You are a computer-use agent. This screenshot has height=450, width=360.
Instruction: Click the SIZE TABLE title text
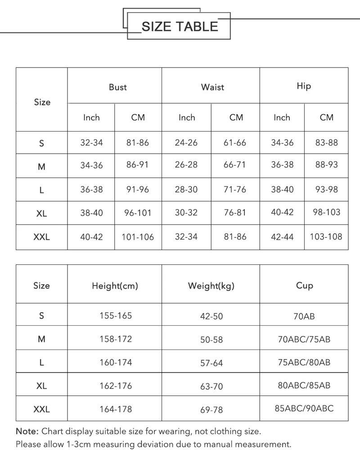[180, 27]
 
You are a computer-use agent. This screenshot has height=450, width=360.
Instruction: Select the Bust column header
[118, 87]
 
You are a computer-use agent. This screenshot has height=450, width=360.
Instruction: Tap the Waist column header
[212, 87]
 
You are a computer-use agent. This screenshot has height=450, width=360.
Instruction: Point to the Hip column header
[304, 86]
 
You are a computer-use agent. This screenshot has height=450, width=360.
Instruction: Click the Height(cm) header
[115, 286]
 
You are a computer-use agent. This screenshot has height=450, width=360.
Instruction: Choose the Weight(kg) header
[211, 286]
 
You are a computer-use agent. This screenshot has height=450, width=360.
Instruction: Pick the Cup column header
[304, 285]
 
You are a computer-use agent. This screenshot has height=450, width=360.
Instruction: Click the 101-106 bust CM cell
[138, 236]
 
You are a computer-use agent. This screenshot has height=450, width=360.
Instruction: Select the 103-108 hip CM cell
[326, 236]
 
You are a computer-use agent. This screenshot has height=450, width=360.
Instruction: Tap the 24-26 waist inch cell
[186, 143]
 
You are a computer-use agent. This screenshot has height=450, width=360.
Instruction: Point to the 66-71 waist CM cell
[235, 165]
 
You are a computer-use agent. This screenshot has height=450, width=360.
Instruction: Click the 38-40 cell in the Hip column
[282, 190]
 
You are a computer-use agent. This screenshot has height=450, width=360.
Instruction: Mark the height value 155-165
[116, 316]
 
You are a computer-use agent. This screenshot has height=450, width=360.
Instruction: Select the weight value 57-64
[211, 363]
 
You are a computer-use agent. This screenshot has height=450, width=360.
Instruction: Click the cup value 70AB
[304, 316]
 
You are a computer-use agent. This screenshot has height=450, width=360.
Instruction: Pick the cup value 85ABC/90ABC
[304, 409]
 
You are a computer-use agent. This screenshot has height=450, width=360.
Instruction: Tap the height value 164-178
[116, 409]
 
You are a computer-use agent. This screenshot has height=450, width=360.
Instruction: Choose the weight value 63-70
[211, 386]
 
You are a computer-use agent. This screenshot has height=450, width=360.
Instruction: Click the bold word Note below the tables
[27, 431]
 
